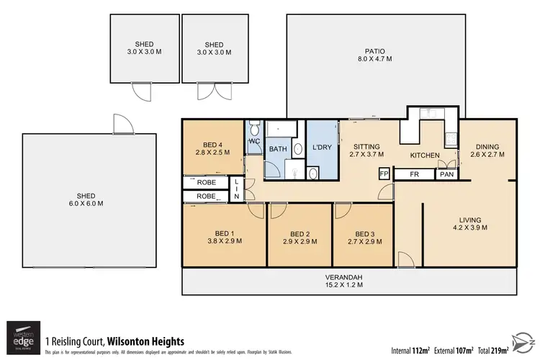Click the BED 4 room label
click(212, 148)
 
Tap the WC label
click(254, 142)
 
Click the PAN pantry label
click(446, 174)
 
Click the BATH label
click(277, 149)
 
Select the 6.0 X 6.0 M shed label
click(91, 199)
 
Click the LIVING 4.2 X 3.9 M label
click(469, 224)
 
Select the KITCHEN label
click(425, 156)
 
